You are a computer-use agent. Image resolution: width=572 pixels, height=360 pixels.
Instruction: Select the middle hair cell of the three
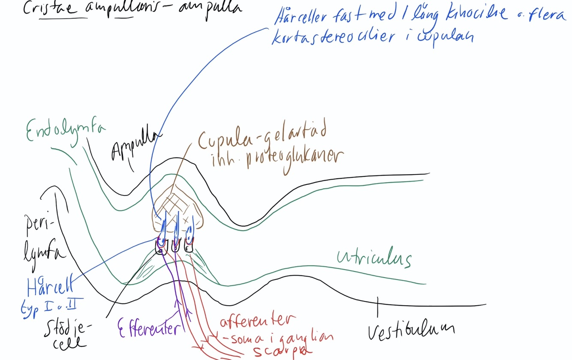tap(175, 246)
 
